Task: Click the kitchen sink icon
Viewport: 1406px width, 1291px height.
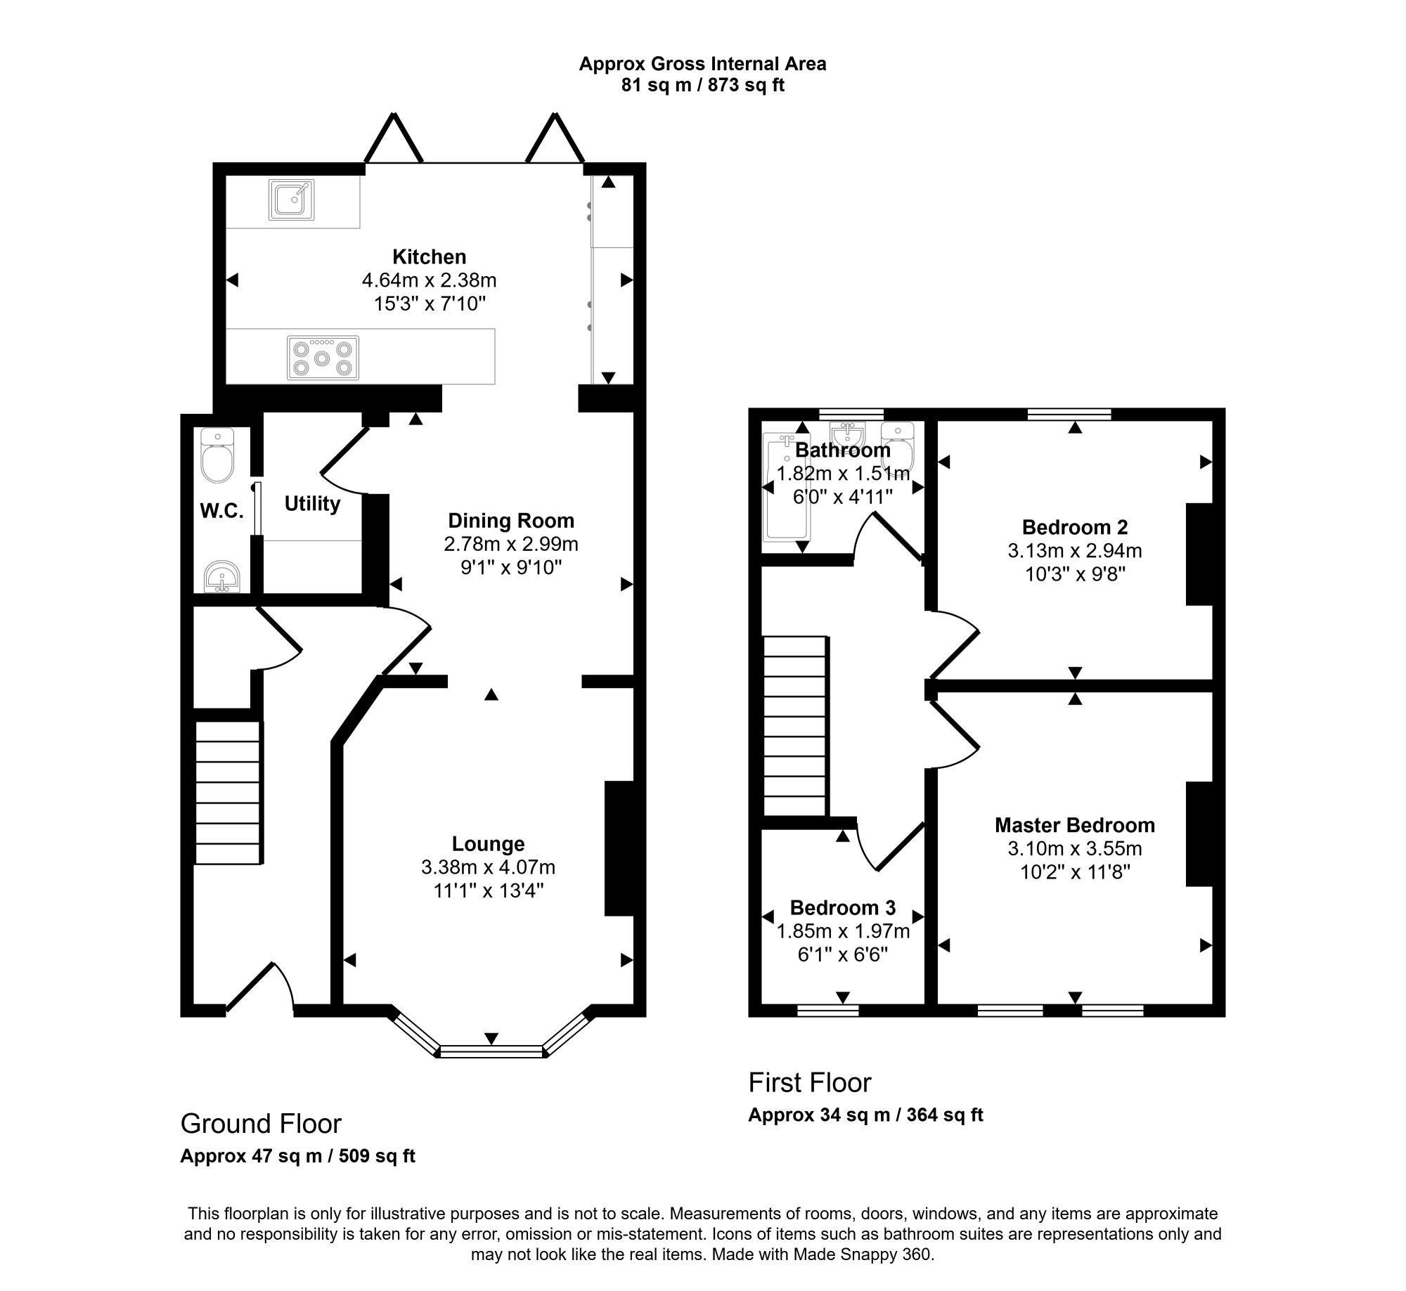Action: (x=291, y=200)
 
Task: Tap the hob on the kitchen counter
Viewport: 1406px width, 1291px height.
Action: (x=323, y=358)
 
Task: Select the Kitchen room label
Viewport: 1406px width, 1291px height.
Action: (x=429, y=257)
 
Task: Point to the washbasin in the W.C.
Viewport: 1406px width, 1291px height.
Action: (x=222, y=577)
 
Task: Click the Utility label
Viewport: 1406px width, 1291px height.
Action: (x=312, y=503)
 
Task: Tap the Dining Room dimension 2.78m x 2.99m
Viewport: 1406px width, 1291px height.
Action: (x=511, y=544)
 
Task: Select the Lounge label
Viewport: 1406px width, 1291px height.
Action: (x=488, y=843)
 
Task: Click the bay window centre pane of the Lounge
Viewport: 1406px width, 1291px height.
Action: (x=491, y=1051)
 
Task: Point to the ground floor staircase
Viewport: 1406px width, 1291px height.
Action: (x=228, y=792)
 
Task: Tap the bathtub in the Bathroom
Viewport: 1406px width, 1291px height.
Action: (x=786, y=487)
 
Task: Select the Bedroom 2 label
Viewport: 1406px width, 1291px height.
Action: (x=1075, y=527)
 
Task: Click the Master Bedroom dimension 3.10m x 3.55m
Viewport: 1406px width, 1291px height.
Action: (x=1075, y=848)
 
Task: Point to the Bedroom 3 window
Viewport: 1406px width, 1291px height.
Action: (x=828, y=1011)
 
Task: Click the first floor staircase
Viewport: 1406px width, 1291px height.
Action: (x=795, y=726)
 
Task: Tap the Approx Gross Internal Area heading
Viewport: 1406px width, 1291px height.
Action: (x=702, y=64)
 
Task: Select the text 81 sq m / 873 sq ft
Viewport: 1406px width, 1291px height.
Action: (x=702, y=86)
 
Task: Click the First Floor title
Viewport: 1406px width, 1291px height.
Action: (x=810, y=1083)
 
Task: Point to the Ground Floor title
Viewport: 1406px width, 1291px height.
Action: (x=261, y=1124)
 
